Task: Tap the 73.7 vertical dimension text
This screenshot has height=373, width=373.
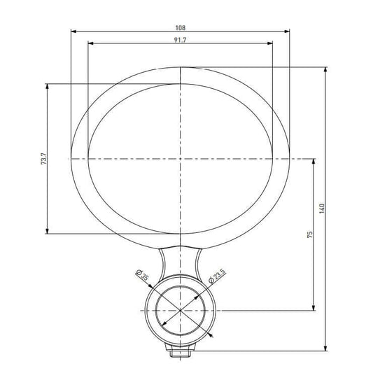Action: click(x=43, y=159)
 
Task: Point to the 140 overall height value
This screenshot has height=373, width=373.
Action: click(x=322, y=209)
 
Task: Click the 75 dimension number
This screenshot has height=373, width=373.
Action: click(x=309, y=234)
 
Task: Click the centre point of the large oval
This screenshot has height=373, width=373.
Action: click(x=181, y=159)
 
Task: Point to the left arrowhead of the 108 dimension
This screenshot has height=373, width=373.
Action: click(x=73, y=31)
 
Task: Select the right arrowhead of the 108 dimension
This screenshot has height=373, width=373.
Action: click(x=287, y=31)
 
